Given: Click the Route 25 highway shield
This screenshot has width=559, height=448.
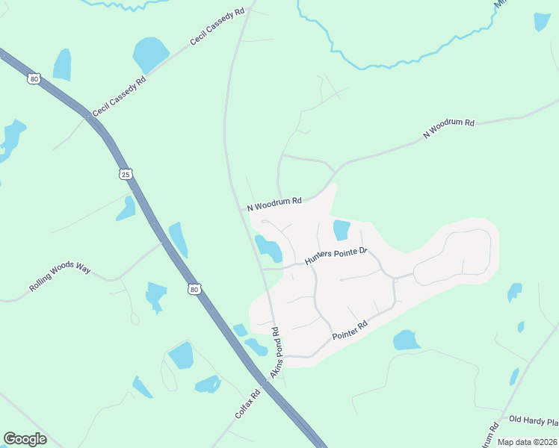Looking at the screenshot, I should tap(126, 174).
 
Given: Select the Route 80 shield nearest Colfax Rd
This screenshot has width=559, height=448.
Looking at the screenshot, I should tap(194, 288).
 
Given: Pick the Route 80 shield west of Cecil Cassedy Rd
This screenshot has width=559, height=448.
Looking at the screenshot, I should tap(33, 78).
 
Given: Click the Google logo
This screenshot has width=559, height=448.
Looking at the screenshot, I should tap(25, 439).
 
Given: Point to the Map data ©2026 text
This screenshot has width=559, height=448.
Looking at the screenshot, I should tap(527, 442).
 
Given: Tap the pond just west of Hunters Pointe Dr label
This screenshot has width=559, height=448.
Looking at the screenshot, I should tap(268, 248).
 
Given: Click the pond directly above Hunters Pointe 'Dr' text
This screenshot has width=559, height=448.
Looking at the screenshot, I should tap(341, 230).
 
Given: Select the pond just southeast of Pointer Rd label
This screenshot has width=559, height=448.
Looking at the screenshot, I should tap(407, 340).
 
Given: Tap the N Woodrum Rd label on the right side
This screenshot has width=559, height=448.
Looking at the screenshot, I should tap(448, 128).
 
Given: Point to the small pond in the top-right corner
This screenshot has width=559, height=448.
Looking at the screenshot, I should tap(542, 22).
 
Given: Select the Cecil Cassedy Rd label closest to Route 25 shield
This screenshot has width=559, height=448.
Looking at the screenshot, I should tap(119, 95).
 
